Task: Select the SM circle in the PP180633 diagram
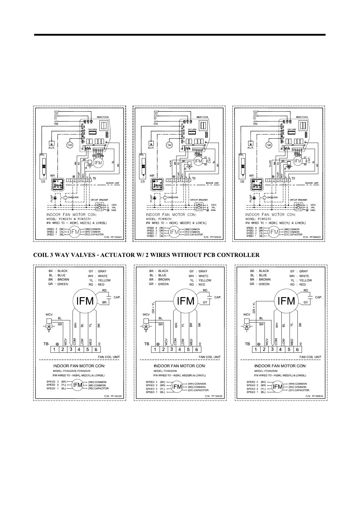[x=269, y=145]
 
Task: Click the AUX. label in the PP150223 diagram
[x=51, y=148]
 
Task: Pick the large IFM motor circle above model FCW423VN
[x=186, y=301]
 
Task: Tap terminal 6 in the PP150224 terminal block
[x=96, y=349]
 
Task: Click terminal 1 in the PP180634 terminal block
[x=256, y=349]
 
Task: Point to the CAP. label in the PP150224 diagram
[x=117, y=297]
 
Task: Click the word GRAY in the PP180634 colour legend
[x=303, y=271]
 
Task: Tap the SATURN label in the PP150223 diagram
[x=92, y=129]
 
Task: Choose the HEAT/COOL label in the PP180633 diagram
[x=302, y=117]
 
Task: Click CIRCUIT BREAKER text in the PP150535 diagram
[x=199, y=200]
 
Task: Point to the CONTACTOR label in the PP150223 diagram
[x=73, y=197]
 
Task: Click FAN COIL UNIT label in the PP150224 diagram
[x=109, y=357]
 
